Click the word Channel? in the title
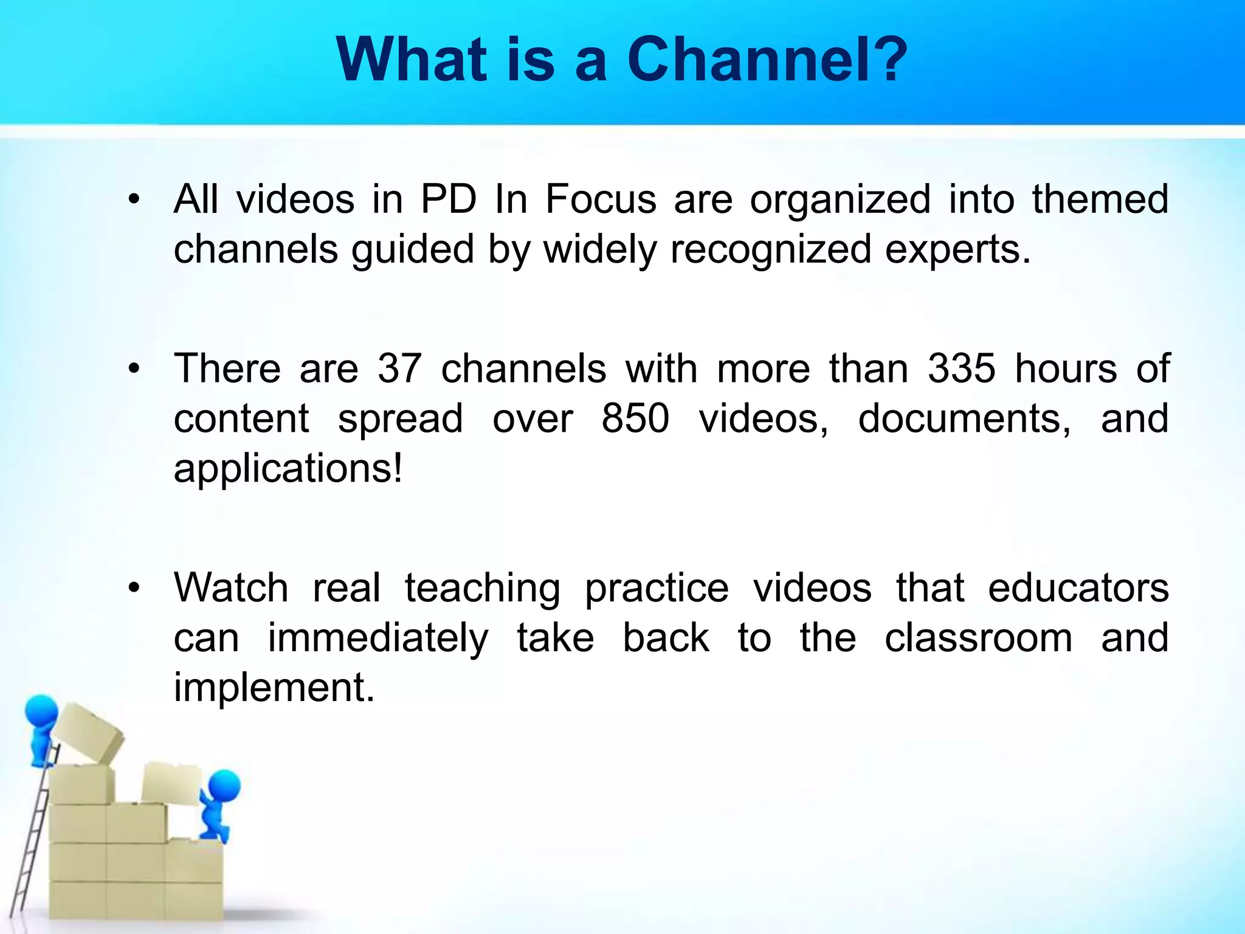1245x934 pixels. click(x=767, y=60)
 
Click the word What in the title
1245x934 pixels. click(x=412, y=60)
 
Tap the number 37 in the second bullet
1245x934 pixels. click(x=399, y=368)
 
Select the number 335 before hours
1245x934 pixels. click(x=962, y=368)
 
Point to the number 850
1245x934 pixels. click(x=635, y=418)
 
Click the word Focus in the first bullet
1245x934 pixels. click(x=601, y=199)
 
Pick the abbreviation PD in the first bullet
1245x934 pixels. click(x=449, y=199)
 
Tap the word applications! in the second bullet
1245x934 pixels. click(x=288, y=468)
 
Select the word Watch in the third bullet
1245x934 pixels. click(x=231, y=588)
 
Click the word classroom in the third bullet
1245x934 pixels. click(x=978, y=638)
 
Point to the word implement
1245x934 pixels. click(x=274, y=688)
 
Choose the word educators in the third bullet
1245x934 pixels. click(x=1078, y=588)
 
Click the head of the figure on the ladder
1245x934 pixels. click(x=41, y=711)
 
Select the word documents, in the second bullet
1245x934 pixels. click(x=964, y=418)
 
